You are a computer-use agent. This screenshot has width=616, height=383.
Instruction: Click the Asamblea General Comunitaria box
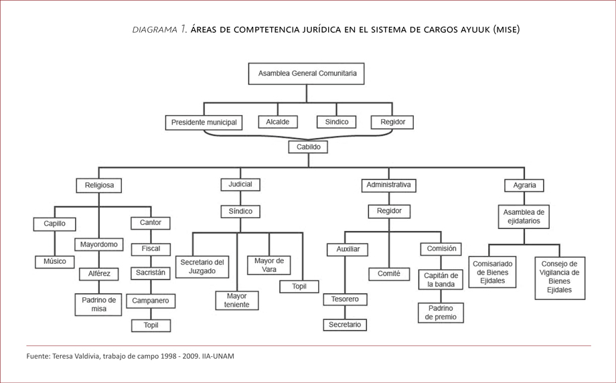pos(307,74)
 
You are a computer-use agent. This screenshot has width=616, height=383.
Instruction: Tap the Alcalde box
pos(278,123)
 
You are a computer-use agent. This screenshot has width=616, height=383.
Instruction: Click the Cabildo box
pos(308,147)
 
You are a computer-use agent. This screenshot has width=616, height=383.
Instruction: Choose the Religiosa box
pos(99,185)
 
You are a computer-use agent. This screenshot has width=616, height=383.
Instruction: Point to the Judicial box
pos(240,184)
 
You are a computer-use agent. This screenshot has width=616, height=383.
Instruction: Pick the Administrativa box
pos(388,185)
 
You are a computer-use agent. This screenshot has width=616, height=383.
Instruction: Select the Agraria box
pos(524,185)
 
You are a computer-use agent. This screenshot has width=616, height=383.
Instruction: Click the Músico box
pos(55,261)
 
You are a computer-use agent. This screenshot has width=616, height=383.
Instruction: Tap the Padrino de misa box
pos(99,304)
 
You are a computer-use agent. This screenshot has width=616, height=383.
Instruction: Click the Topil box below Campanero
pos(151,325)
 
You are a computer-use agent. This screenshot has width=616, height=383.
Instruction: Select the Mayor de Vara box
pos(268,265)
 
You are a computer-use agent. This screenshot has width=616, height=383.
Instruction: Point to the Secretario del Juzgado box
pos(202,266)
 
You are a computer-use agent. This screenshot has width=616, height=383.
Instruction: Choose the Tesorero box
pos(345,299)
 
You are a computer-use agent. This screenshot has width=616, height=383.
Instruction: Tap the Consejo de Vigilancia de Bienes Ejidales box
pos(559,277)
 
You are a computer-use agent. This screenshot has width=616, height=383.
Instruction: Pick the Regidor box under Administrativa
pos(389,211)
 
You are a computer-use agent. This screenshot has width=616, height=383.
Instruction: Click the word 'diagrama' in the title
pos(154,29)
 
